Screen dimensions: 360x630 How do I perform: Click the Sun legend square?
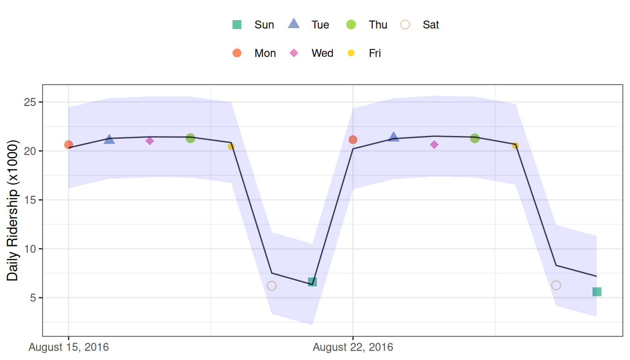(237, 25)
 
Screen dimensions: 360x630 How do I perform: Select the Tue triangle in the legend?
(294, 24)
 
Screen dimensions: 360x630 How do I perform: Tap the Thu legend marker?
(351, 25)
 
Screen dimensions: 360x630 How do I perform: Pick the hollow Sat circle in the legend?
(405, 25)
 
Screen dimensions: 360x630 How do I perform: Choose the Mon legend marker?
(237, 53)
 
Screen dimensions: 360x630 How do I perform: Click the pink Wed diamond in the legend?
(294, 53)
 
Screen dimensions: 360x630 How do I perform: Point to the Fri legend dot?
(351, 53)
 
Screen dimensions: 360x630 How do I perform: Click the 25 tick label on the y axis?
(30, 102)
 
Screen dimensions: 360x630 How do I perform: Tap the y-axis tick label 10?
(30, 249)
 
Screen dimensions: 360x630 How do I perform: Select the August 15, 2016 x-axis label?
(69, 348)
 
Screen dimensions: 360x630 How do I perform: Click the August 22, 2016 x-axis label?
(353, 348)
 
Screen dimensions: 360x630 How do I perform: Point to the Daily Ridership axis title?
(13, 210)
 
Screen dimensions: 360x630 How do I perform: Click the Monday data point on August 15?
(68, 145)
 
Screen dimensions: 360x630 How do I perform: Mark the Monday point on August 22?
(353, 140)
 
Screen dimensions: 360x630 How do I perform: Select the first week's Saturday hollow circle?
(271, 286)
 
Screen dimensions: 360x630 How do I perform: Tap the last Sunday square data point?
(597, 292)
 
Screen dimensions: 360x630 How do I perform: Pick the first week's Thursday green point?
(190, 138)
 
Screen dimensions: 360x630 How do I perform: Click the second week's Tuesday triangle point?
(394, 137)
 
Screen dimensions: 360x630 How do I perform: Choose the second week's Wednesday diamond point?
(435, 145)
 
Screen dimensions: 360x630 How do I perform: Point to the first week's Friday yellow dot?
(231, 147)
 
